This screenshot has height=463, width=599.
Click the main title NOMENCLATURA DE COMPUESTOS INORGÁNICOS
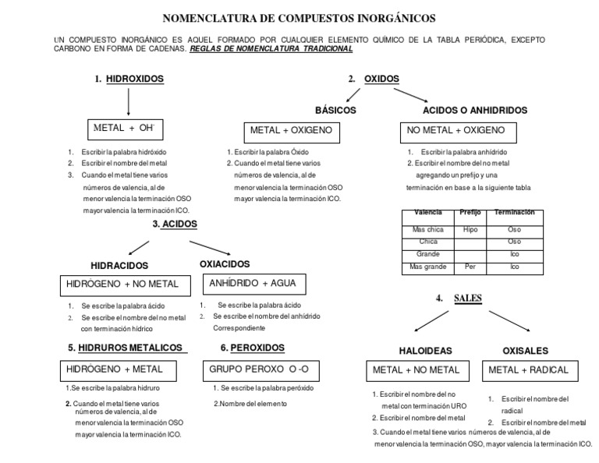click(299, 17)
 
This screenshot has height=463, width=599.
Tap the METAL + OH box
click(126, 129)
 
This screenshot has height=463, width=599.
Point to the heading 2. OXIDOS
click(374, 79)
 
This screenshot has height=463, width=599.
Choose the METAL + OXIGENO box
click(291, 130)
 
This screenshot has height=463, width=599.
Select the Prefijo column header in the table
click(472, 212)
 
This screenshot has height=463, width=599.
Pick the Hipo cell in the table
click(470, 230)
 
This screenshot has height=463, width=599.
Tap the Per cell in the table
click(470, 267)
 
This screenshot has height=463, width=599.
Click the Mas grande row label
click(427, 267)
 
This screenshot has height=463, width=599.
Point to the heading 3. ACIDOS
click(175, 224)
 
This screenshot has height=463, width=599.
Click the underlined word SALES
click(468, 299)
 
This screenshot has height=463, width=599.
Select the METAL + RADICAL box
click(528, 369)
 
